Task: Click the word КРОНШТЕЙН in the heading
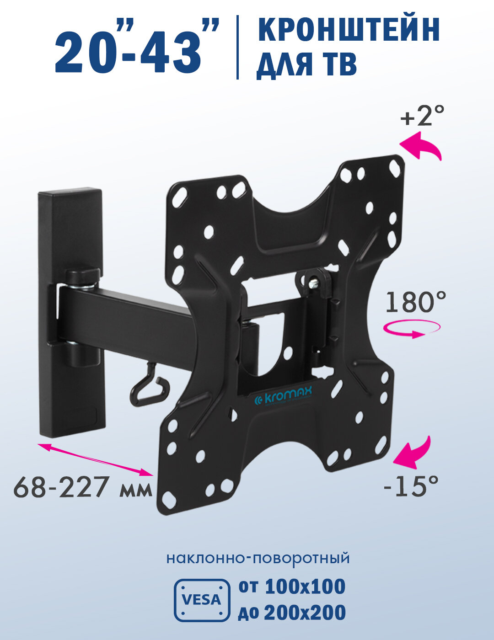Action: click(x=349, y=30)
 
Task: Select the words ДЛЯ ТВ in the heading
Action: click(x=306, y=65)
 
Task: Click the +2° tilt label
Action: click(x=422, y=116)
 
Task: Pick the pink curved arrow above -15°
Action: click(x=418, y=451)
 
